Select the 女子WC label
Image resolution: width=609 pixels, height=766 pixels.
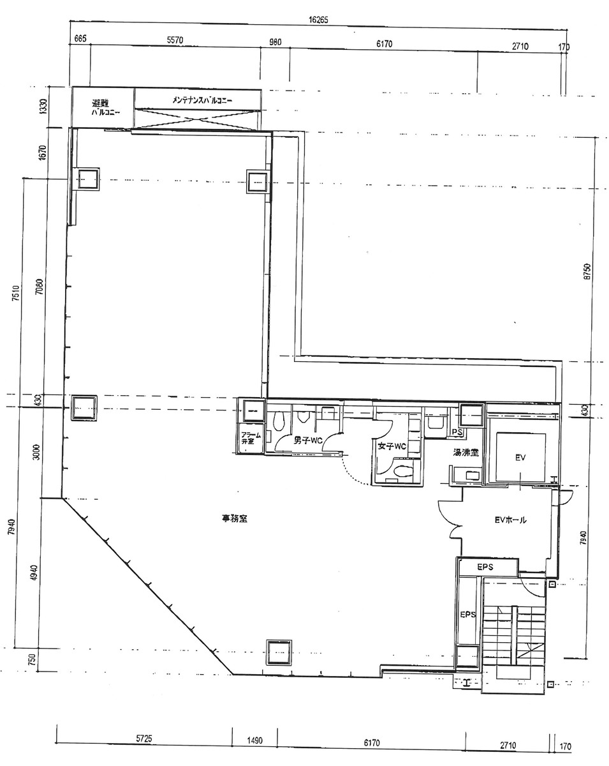(x=392, y=446)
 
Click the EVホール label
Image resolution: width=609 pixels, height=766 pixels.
(x=511, y=520)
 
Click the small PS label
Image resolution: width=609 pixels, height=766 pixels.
(x=457, y=432)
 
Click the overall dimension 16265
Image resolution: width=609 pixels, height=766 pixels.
(x=318, y=20)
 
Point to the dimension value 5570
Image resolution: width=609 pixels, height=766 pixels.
(x=175, y=40)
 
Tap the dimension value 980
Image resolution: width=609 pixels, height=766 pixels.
(x=275, y=43)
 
